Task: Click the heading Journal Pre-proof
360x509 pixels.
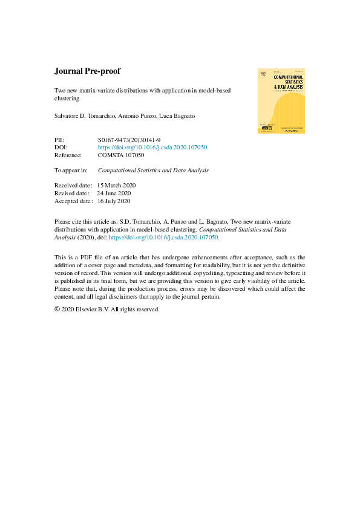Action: click(87, 71)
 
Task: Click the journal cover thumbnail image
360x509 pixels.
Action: click(280, 100)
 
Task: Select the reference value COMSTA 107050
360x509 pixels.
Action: click(122, 155)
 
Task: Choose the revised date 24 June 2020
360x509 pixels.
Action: click(117, 193)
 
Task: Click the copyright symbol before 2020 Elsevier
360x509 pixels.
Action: click(58, 309)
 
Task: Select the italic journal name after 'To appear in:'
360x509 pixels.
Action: click(153, 170)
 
